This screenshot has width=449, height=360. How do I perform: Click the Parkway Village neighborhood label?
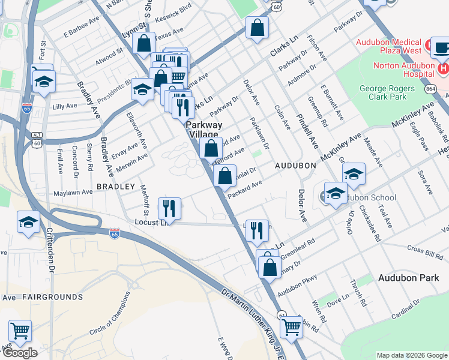point(203,130)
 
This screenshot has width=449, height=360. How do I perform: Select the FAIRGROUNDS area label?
point(52,297)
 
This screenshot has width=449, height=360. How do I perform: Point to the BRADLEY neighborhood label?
point(116,187)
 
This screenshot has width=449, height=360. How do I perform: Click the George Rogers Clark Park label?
point(391,92)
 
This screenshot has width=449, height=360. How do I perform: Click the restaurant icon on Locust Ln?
point(169,208)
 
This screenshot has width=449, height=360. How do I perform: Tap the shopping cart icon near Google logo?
point(20,331)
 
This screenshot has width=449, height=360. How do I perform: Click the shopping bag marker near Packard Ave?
point(224,176)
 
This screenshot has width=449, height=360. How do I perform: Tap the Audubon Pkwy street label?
point(310,281)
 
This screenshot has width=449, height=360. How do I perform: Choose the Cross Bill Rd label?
point(424,248)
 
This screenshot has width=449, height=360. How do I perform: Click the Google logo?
point(19,353)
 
